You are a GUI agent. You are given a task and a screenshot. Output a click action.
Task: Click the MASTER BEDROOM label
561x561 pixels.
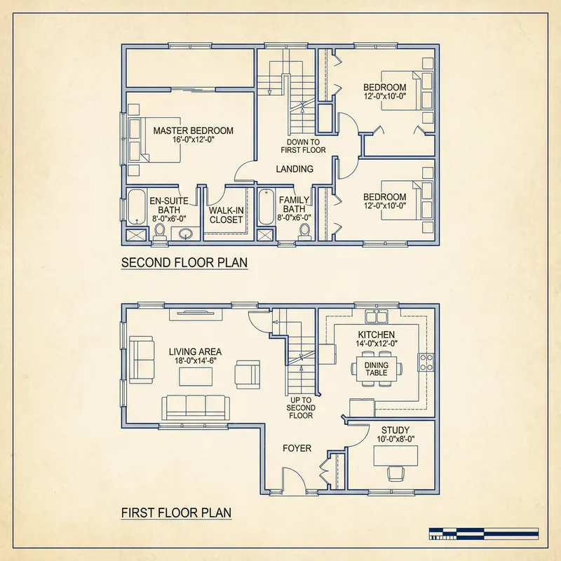pyautogui.click(x=193, y=130)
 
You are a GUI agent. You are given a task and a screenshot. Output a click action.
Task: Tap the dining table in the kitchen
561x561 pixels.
pyautogui.click(x=376, y=368)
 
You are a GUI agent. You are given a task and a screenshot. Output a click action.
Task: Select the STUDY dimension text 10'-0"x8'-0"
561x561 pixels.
pyautogui.click(x=396, y=440)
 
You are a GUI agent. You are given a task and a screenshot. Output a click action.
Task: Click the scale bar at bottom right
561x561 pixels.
pyautogui.click(x=485, y=533)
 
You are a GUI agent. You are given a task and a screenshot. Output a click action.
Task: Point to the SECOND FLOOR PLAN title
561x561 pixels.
pyautogui.click(x=184, y=263)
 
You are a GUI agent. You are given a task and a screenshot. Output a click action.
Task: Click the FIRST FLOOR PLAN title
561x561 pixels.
pyautogui.click(x=176, y=513)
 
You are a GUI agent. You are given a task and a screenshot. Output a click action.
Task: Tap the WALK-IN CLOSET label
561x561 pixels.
pyautogui.click(x=226, y=215)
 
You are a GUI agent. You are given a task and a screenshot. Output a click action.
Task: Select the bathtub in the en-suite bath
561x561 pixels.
pyautogui.click(x=136, y=208)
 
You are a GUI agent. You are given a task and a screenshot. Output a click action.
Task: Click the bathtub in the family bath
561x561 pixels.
pyautogui.click(x=266, y=208)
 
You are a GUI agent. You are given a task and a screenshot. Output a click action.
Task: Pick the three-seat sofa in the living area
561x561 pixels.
pyautogui.click(x=194, y=407)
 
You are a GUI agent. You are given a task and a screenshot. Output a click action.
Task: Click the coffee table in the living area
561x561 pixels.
pyautogui.click(x=196, y=377)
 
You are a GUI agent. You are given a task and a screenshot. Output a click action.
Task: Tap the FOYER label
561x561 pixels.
pyautogui.click(x=297, y=449)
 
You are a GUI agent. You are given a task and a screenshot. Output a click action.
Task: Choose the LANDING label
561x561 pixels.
pyautogui.click(x=294, y=169)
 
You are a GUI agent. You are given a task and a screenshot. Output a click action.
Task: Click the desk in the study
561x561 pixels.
pyautogui.click(x=396, y=455)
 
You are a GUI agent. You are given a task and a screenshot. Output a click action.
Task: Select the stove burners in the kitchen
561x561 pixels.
pyautogui.click(x=425, y=363)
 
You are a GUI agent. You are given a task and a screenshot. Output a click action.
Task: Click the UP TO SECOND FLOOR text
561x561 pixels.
pyautogui.click(x=301, y=407)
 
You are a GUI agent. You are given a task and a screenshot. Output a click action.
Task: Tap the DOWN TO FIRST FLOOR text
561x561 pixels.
pyautogui.click(x=303, y=145)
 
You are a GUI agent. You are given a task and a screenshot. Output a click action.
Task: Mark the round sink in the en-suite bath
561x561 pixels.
pyautogui.click(x=185, y=234)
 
